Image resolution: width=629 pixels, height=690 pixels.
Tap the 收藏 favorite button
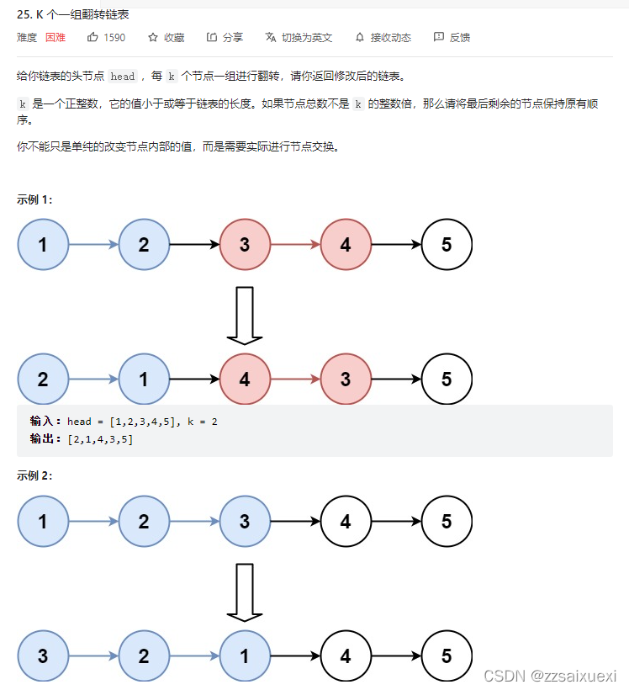[166, 38]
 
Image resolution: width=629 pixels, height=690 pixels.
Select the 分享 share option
[225, 38]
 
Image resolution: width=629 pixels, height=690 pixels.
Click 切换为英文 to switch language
[299, 38]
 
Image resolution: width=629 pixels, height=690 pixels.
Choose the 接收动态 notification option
[383, 38]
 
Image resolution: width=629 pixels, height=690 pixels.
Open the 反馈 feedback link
[452, 38]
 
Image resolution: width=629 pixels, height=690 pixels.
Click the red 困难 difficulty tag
[55, 38]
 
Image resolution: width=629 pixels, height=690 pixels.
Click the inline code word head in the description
[122, 77]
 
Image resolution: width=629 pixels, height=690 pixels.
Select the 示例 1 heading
[34, 199]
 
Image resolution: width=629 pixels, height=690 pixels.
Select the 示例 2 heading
[34, 475]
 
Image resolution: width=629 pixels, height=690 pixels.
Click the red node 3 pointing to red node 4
[245, 245]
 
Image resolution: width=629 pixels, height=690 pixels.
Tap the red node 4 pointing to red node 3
[245, 379]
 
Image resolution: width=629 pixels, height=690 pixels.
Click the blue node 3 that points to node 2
[43, 655]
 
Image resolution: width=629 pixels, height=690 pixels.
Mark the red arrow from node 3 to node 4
[295, 245]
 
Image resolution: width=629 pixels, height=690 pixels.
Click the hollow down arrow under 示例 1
[245, 316]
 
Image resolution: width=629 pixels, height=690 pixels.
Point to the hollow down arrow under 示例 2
[245, 592]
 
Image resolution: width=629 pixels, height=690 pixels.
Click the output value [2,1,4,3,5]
[100, 439]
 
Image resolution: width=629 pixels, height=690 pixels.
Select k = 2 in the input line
[203, 422]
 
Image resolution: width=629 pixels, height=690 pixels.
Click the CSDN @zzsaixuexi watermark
[550, 676]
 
